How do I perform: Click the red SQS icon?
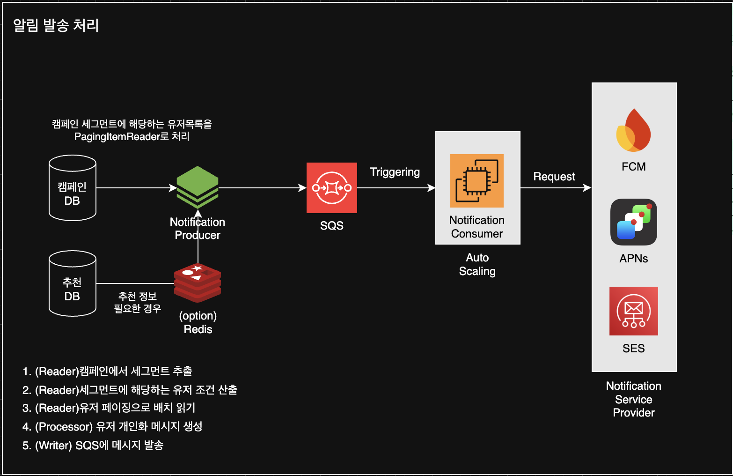coord(332,188)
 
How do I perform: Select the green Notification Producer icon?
coord(198,187)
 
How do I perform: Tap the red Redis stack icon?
coord(198,283)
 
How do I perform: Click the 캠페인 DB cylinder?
coord(73,188)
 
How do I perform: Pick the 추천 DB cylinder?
coord(73,283)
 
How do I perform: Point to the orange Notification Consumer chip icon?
coord(477,181)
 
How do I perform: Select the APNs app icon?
coord(634,222)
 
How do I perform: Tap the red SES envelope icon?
coord(634,311)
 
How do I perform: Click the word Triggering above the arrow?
coord(395,172)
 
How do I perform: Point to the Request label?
coord(554,177)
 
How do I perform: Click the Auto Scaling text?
coord(477,264)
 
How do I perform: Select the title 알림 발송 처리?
coord(56,25)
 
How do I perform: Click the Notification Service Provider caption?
coord(634,399)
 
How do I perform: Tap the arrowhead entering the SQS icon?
coord(303,188)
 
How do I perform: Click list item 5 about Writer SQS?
coord(93,445)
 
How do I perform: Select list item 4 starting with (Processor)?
coord(112,426)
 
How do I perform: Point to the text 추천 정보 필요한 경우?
coord(138,302)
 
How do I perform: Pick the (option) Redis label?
coord(198,322)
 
